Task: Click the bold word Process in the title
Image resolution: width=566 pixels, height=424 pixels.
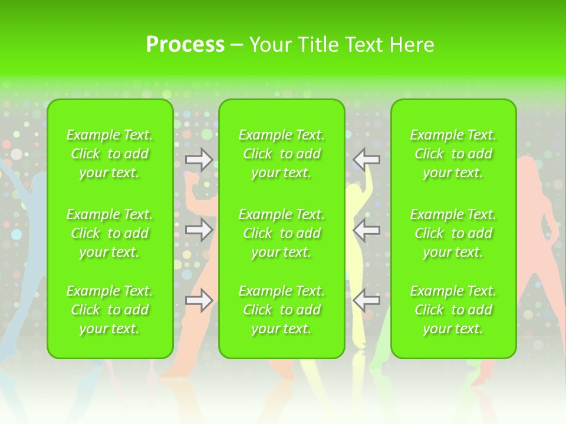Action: pos(185,45)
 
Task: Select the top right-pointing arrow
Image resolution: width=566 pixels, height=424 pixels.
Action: pos(199,159)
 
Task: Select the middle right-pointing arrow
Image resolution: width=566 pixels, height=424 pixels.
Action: pos(199,230)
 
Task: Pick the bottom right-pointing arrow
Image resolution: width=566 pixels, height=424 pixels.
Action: pos(199,300)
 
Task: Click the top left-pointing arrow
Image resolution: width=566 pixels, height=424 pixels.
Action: pos(367,159)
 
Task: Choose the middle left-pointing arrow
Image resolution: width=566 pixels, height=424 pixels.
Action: pos(367,230)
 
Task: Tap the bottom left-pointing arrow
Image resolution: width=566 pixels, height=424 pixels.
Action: pos(367,300)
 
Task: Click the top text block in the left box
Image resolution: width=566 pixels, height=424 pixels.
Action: pos(110,154)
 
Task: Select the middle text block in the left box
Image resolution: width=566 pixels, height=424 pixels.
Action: pos(110,233)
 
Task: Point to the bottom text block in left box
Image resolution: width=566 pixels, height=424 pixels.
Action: pos(110,310)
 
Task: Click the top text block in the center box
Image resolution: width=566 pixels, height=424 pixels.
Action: pos(282,154)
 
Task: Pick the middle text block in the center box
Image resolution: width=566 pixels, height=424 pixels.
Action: pos(282,233)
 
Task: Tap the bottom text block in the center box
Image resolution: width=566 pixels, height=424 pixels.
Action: pos(282,310)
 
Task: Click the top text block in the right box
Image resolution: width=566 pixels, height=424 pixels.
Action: pos(453,154)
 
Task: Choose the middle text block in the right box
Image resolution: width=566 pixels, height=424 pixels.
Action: pos(453,233)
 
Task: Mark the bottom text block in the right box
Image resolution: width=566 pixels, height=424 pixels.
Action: pos(453,310)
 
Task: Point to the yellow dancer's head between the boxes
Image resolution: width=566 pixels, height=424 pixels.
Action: pos(354,192)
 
